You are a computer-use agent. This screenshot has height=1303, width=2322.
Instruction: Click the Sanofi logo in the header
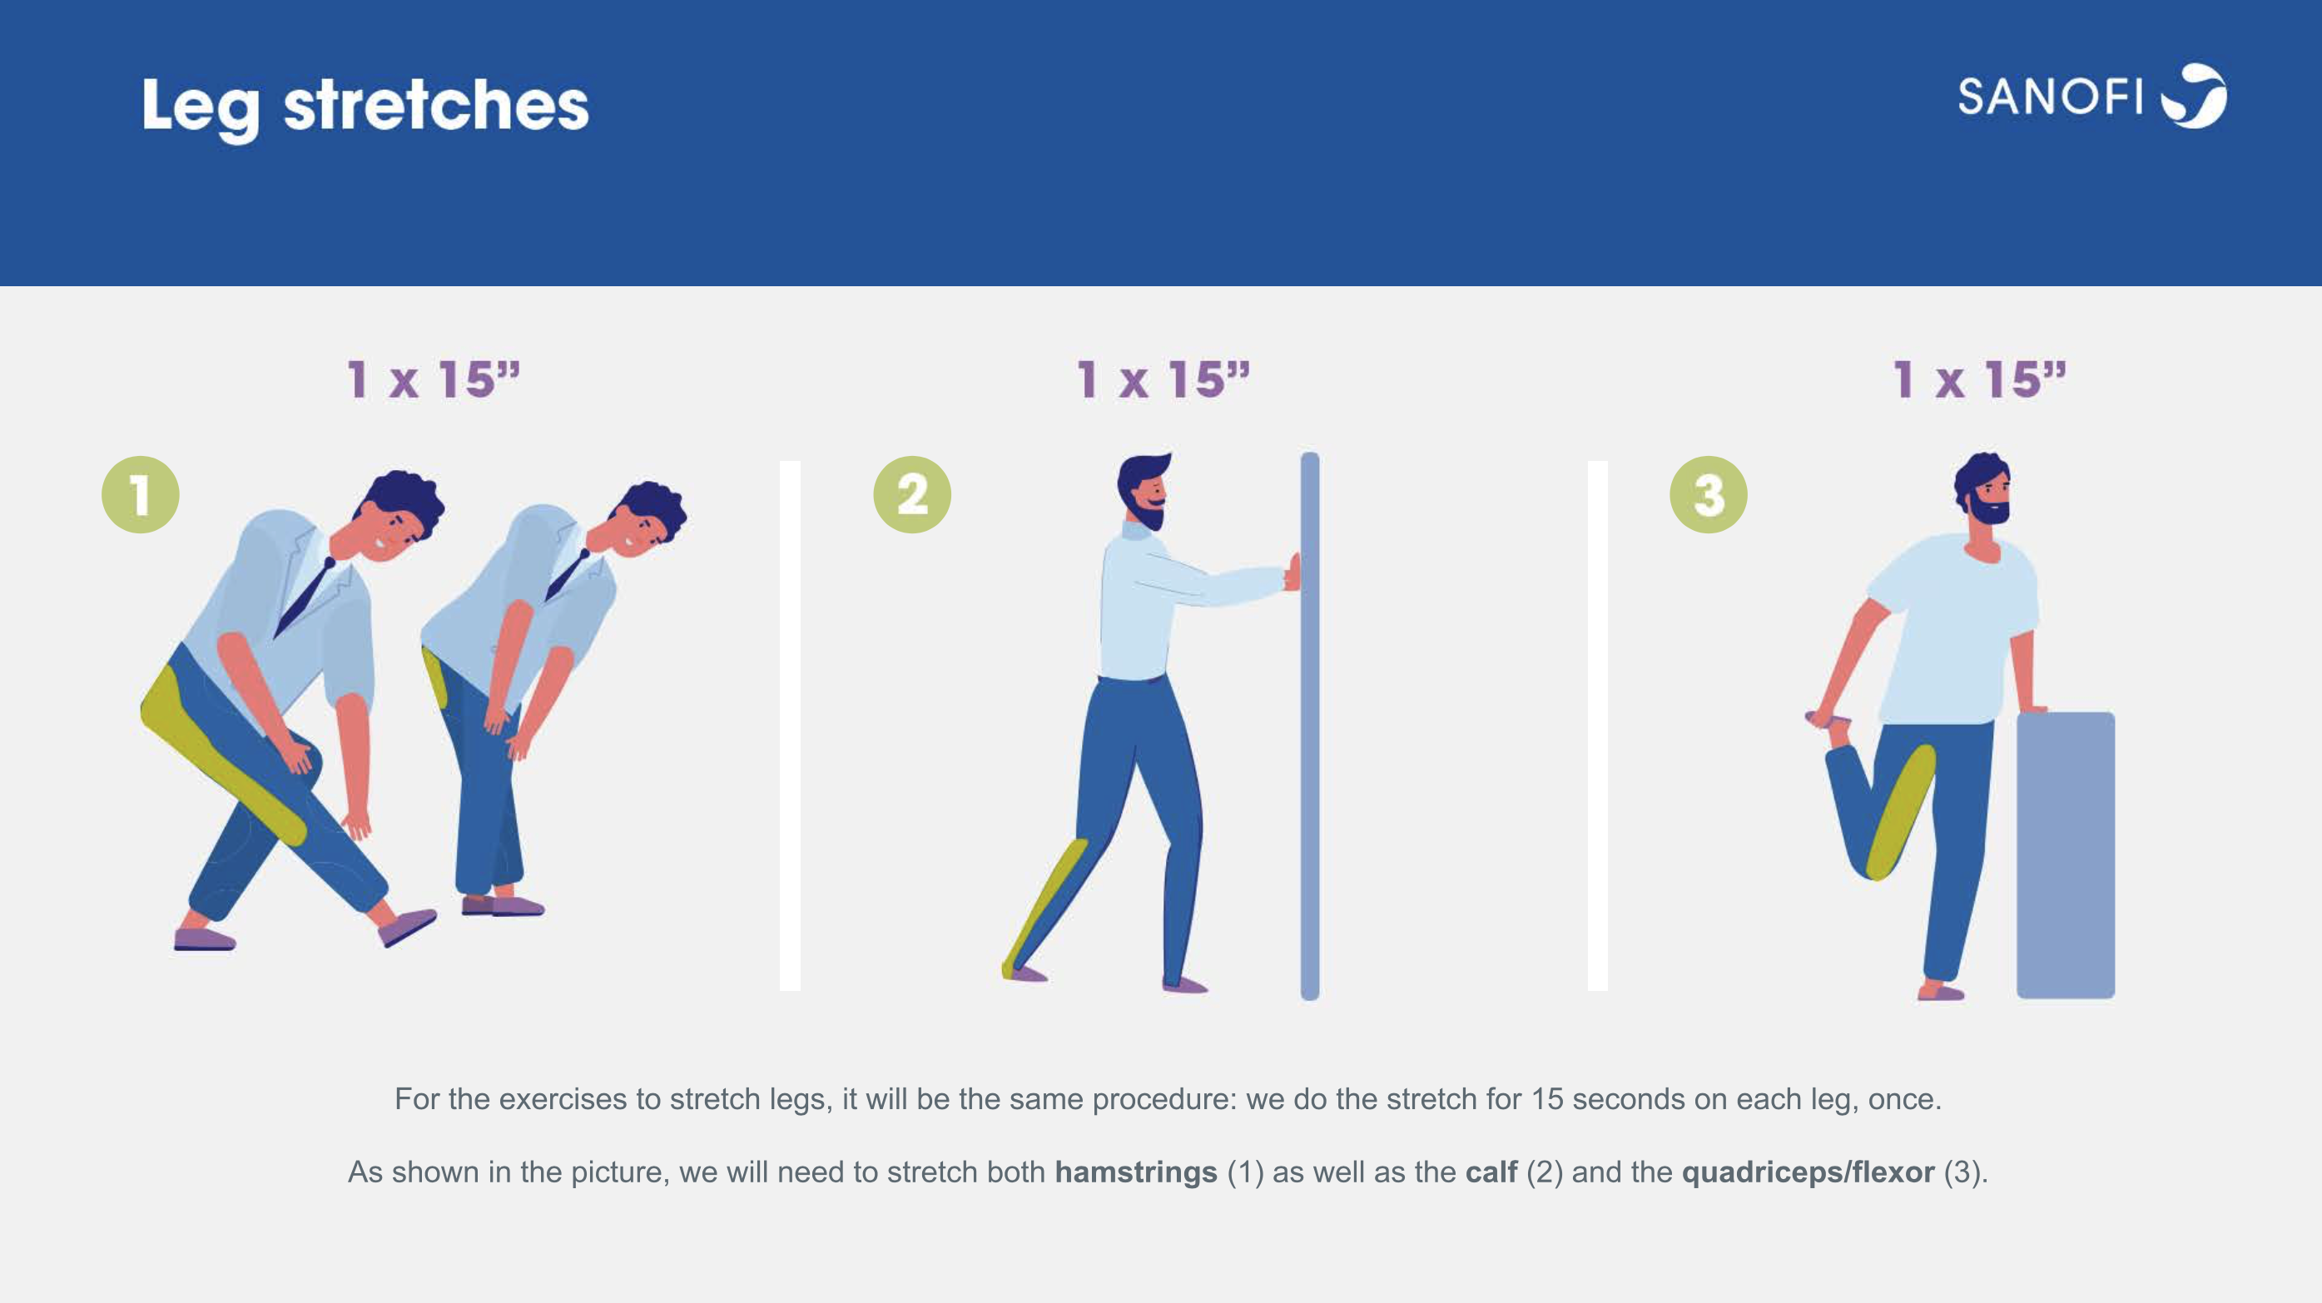[x=2091, y=97]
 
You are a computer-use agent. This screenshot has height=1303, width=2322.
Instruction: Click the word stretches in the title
[x=436, y=106]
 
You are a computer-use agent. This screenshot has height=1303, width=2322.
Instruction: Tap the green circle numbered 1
[x=141, y=495]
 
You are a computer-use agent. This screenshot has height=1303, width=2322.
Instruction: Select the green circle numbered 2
[x=912, y=495]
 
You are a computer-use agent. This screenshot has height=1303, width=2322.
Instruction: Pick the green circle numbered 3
[x=1708, y=495]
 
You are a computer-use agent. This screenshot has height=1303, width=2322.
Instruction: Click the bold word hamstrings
[x=1136, y=1172]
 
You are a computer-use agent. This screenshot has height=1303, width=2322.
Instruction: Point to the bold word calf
[x=1491, y=1172]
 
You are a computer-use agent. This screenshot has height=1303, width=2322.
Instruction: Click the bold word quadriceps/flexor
[x=1808, y=1172]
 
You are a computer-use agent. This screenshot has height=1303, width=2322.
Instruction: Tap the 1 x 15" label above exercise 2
[x=1163, y=379]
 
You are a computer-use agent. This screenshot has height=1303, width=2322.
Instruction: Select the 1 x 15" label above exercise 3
[x=1979, y=379]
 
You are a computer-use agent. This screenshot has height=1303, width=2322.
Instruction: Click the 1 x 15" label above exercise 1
[x=434, y=379]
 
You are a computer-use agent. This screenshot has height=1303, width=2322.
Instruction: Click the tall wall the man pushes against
[x=1310, y=726]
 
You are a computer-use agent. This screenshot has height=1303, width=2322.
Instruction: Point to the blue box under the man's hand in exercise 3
[x=2065, y=855]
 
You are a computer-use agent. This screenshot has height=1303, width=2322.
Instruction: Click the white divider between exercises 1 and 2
[x=790, y=726]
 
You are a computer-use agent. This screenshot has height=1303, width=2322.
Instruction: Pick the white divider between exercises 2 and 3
[x=1597, y=726]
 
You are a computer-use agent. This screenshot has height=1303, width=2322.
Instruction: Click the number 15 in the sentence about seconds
[x=1547, y=1099]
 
